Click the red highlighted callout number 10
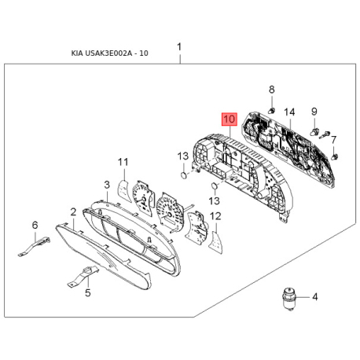coord(230,119)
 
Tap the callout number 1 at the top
coord(179,47)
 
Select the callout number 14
coord(289,112)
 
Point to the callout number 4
coord(315,297)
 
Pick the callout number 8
coord(272,90)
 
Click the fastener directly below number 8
coord(272,111)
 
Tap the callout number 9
coord(314,112)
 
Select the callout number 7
coord(333,140)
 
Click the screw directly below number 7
coord(334,157)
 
